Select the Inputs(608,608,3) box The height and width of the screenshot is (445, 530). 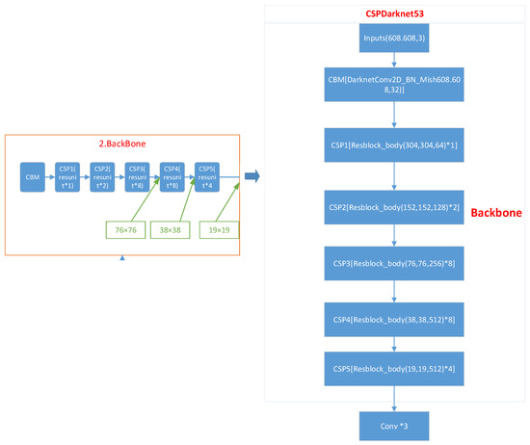pyautogui.click(x=394, y=39)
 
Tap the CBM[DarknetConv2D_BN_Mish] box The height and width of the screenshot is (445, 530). pyautogui.click(x=394, y=84)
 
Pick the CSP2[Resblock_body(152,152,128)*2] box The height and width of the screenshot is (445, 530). pyautogui.click(x=394, y=206)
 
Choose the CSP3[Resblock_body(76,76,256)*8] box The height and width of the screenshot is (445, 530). pyautogui.click(x=394, y=262)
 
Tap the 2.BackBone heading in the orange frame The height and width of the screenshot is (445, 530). pyautogui.click(x=122, y=142)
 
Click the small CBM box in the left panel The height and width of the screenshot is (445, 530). pyautogui.click(x=33, y=177)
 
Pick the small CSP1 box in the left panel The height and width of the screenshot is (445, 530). pyautogui.click(x=66, y=177)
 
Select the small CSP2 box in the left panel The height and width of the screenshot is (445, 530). pyautogui.click(x=101, y=177)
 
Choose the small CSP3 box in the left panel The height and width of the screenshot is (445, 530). pyautogui.click(x=136, y=177)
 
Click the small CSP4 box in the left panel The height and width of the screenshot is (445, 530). pyautogui.click(x=171, y=177)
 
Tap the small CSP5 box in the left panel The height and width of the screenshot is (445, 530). pyautogui.click(x=206, y=177)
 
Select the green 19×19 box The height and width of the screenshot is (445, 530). pyautogui.click(x=219, y=231)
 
